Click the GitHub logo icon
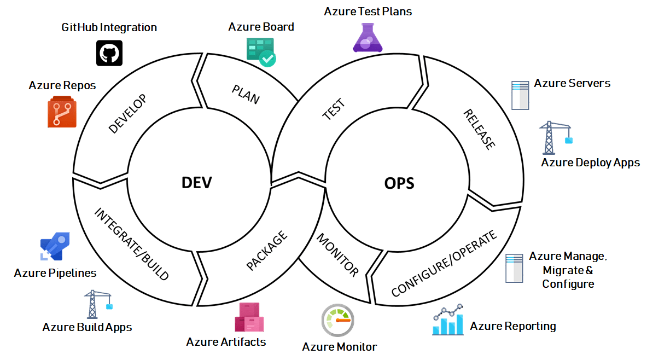pos(109,53)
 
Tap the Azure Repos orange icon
pos(62,112)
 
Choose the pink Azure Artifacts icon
pos(249,317)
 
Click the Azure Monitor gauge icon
pos(337,321)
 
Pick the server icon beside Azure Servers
pos(519,95)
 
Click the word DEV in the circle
pos(196,182)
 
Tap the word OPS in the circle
pos(399,183)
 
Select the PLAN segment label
pos(246,94)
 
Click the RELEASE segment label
pos(480,130)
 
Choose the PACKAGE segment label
pos(266,251)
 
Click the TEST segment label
pos(333,109)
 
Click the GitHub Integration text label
pos(109,27)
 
